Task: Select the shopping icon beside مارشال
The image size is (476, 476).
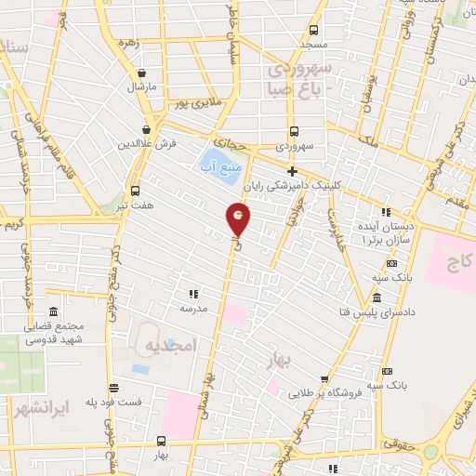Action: tap(141, 73)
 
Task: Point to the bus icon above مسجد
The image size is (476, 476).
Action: tap(313, 30)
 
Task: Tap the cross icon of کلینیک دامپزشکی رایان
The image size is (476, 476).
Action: tap(293, 172)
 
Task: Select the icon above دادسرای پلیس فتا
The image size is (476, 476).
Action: tap(377, 297)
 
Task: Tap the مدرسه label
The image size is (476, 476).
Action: tap(193, 308)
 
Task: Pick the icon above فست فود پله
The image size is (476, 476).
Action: tap(112, 388)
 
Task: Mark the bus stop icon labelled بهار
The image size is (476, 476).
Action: tap(162, 443)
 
